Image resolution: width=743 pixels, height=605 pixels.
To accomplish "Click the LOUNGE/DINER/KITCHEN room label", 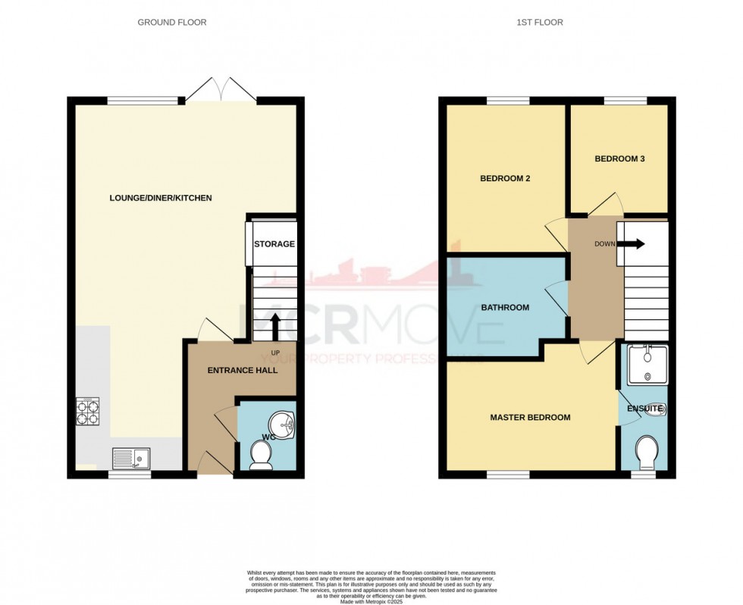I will [x=160, y=198].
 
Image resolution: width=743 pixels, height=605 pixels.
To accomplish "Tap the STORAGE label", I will [x=274, y=244].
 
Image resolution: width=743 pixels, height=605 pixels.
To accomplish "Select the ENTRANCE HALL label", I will [x=243, y=371].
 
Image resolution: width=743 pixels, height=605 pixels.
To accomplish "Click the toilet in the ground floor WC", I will [x=262, y=455].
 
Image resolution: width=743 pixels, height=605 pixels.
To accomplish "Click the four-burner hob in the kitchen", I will [x=89, y=410].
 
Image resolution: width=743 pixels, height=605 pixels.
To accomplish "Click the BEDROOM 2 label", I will [x=505, y=179].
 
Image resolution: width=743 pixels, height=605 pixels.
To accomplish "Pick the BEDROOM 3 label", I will [x=619, y=158].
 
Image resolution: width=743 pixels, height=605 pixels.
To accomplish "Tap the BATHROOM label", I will [x=505, y=308].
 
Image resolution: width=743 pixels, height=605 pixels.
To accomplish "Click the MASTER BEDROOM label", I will [x=530, y=417].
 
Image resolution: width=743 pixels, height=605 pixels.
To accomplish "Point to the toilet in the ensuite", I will [x=647, y=453].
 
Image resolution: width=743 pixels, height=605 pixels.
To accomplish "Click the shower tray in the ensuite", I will [x=646, y=365].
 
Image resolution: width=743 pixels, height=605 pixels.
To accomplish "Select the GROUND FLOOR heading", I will [x=171, y=23].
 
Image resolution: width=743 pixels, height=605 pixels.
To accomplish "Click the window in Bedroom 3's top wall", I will [x=625, y=100].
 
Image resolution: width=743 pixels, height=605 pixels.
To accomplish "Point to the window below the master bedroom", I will [x=508, y=475].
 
